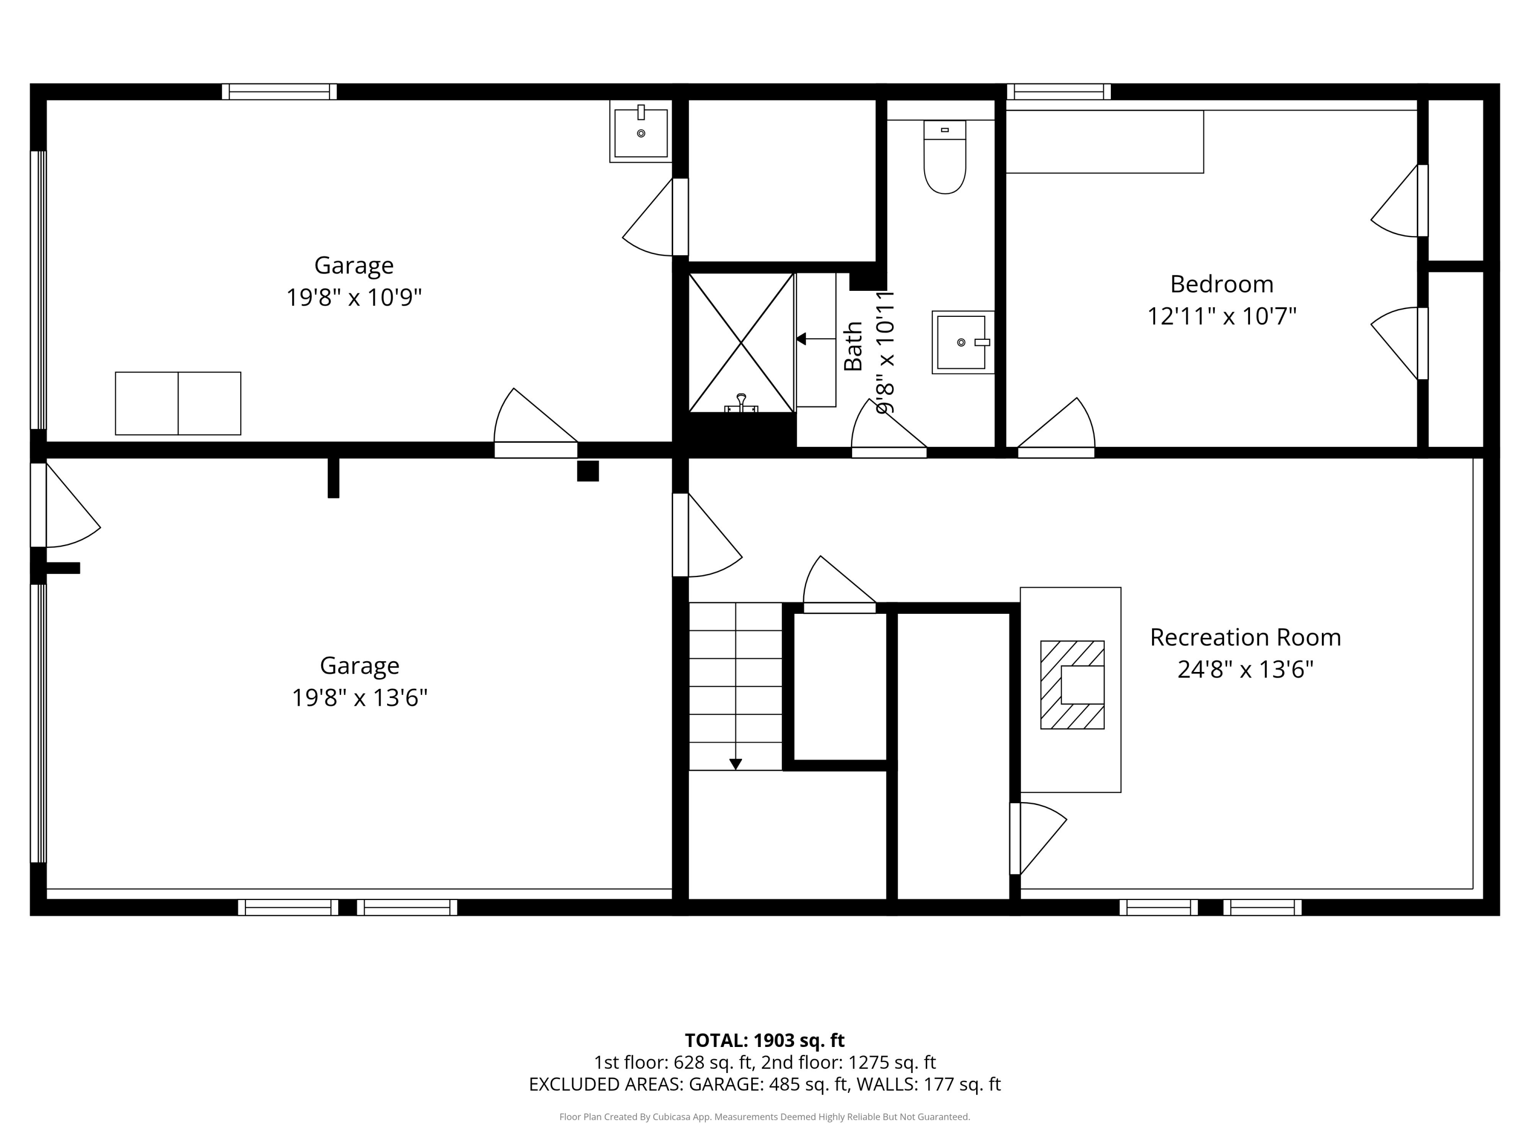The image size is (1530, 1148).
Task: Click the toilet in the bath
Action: (x=945, y=157)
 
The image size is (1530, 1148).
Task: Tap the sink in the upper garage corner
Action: (x=641, y=132)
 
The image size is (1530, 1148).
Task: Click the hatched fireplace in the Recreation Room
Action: (x=1072, y=684)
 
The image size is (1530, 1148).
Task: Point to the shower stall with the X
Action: (x=741, y=342)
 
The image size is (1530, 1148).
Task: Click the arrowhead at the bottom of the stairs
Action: (x=735, y=764)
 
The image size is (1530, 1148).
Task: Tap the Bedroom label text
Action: (x=1221, y=284)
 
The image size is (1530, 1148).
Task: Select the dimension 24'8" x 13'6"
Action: (x=1245, y=669)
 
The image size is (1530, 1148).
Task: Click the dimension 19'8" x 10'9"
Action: (x=354, y=297)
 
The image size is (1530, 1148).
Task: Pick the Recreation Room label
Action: (x=1245, y=637)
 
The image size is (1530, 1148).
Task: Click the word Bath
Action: (x=853, y=346)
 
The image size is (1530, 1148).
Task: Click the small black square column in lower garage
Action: (x=588, y=470)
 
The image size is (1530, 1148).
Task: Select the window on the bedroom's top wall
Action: (x=1058, y=92)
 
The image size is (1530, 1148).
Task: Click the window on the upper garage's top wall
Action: (x=279, y=92)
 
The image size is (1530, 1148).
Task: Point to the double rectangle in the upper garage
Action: (x=178, y=404)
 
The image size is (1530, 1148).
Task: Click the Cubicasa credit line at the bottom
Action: (x=764, y=1117)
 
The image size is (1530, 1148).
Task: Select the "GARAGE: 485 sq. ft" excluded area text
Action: (x=768, y=1084)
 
